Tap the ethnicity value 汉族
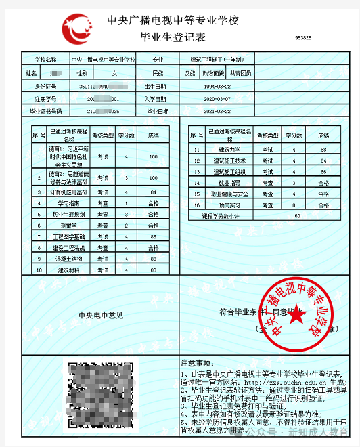click(x=189, y=72)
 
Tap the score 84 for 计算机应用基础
click(x=153, y=192)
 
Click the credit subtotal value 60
click(x=298, y=215)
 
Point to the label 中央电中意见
click(x=101, y=314)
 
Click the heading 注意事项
click(x=201, y=363)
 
